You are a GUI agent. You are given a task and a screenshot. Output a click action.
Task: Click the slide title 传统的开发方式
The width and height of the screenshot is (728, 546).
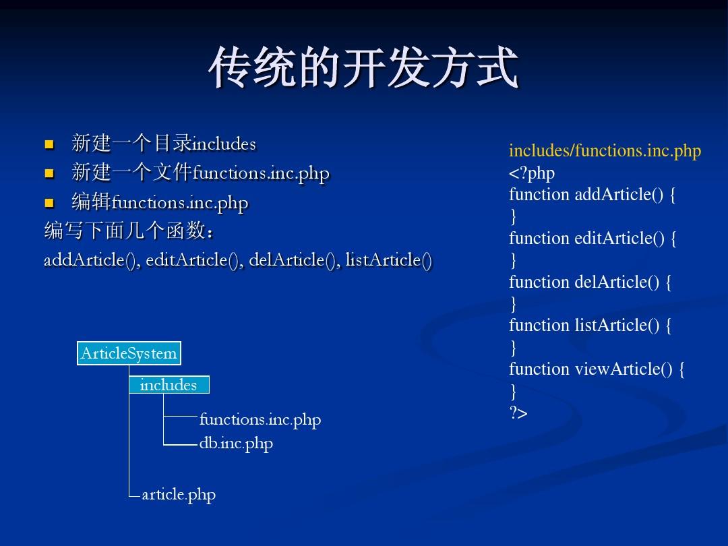pyautogui.click(x=363, y=69)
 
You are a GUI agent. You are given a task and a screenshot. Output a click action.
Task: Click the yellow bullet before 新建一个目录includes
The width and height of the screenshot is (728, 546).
pyautogui.click(x=49, y=144)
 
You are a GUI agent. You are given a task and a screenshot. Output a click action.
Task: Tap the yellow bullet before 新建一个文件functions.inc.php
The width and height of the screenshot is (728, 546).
pyautogui.click(x=49, y=173)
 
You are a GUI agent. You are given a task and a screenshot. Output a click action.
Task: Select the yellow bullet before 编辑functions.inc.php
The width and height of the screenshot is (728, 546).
pyautogui.click(x=49, y=202)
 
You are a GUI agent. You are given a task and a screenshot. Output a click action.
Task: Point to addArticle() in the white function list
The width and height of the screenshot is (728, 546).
pyautogui.click(x=86, y=260)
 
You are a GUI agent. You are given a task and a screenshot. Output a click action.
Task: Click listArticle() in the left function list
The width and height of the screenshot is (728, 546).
pyautogui.click(x=388, y=260)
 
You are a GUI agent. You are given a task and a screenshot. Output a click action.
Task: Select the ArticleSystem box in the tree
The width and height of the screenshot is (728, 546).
pyautogui.click(x=129, y=353)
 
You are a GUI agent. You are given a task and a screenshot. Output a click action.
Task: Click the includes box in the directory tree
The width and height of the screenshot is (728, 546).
pyautogui.click(x=169, y=385)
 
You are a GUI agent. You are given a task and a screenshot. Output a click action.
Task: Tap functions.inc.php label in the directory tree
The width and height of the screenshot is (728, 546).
pyautogui.click(x=260, y=420)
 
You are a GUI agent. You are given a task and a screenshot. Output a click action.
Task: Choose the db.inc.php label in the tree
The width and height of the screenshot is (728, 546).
pyautogui.click(x=236, y=444)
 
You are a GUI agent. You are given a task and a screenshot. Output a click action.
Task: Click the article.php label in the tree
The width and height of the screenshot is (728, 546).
pyautogui.click(x=179, y=495)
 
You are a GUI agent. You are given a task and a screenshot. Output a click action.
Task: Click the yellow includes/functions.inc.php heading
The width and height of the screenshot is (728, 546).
pyautogui.click(x=605, y=151)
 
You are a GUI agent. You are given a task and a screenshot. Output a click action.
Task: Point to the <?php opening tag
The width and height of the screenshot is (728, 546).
pyautogui.click(x=531, y=173)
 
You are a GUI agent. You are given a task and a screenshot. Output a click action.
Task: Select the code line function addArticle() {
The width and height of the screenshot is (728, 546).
pyautogui.click(x=592, y=195)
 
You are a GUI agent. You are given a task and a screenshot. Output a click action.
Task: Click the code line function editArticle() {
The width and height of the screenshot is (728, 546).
pyautogui.click(x=593, y=239)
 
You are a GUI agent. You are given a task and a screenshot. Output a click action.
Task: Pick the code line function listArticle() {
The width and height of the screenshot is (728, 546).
pyautogui.click(x=590, y=326)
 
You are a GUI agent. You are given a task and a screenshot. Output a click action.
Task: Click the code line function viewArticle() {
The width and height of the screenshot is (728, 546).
pyautogui.click(x=597, y=369)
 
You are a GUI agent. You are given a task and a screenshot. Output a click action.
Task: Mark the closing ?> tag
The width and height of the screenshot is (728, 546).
pyautogui.click(x=518, y=413)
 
